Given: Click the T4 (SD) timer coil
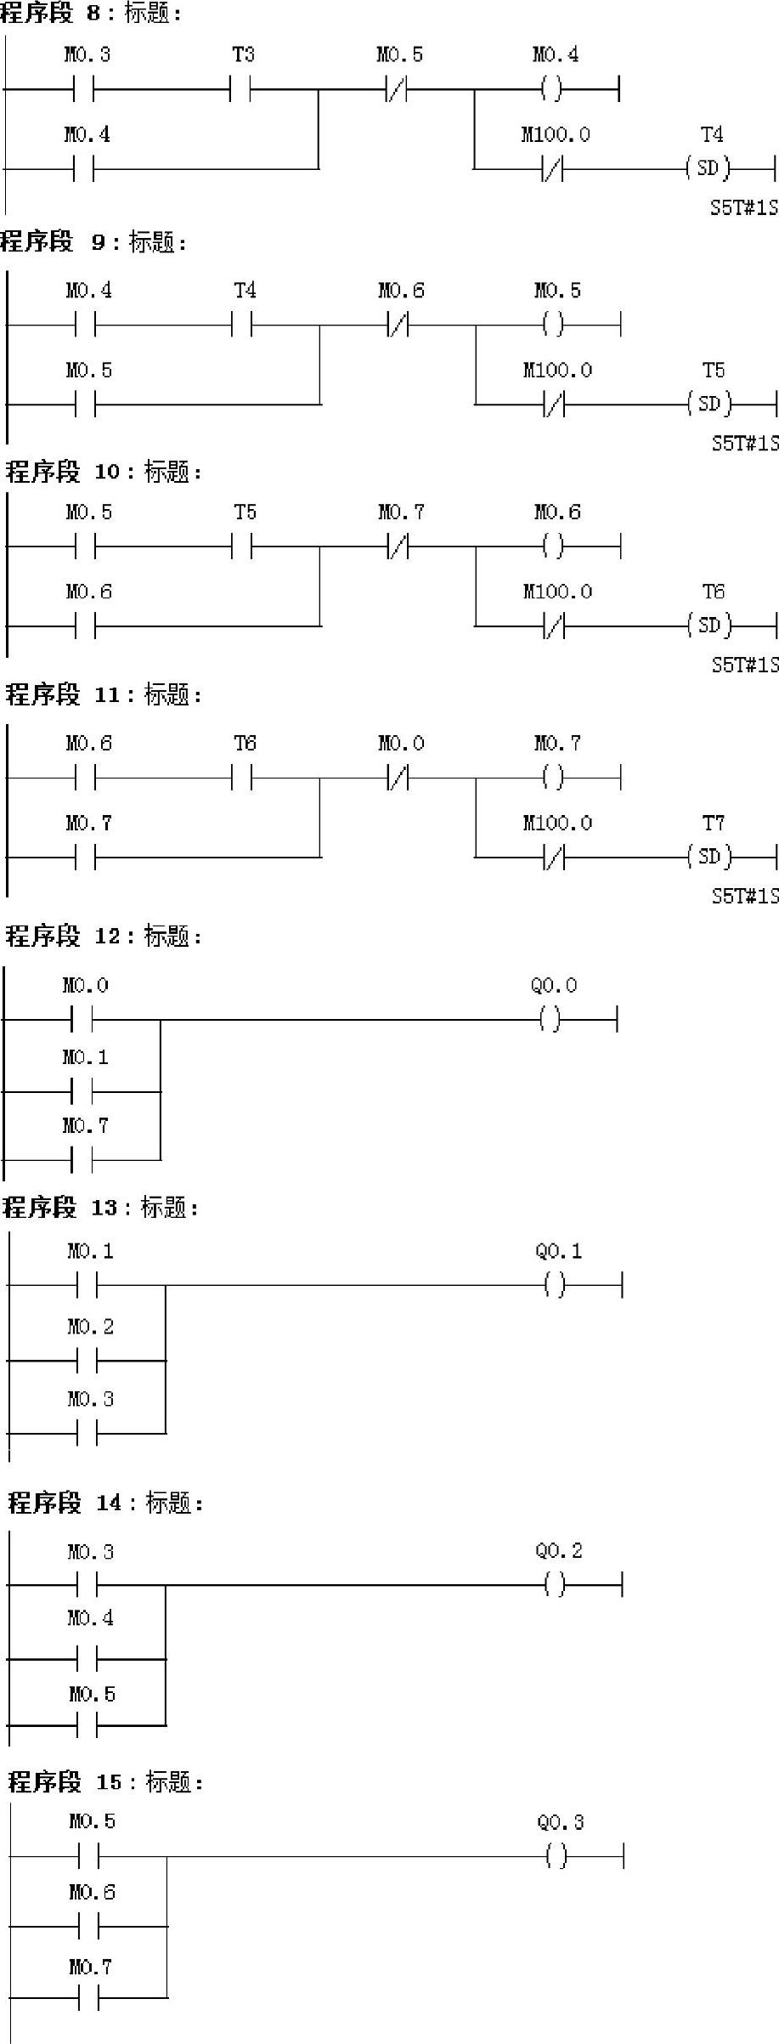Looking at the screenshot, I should click(x=708, y=168).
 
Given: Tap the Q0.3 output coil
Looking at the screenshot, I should click(x=556, y=1856).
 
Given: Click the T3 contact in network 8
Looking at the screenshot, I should click(x=241, y=88).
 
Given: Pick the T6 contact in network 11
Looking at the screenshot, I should click(x=243, y=777).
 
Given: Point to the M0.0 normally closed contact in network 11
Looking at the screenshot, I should click(x=398, y=777).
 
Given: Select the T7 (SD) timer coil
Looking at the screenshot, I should click(x=709, y=857).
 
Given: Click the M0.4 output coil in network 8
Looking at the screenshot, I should click(x=552, y=88).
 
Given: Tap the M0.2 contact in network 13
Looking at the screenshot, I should click(x=87, y=1361).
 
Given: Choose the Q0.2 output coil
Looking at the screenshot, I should click(x=555, y=1584).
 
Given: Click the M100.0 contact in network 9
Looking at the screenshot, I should click(x=554, y=405).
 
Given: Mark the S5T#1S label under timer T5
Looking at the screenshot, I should click(x=745, y=443).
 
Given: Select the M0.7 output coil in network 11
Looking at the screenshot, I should click(x=553, y=777).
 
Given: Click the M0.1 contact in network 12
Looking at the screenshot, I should click(x=82, y=1091).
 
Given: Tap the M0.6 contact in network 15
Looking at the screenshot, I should click(x=89, y=1927).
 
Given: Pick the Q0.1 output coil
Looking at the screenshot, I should click(x=555, y=1286).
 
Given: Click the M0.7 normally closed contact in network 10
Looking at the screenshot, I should click(x=398, y=546).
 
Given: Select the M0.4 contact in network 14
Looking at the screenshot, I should click(x=87, y=1658).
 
